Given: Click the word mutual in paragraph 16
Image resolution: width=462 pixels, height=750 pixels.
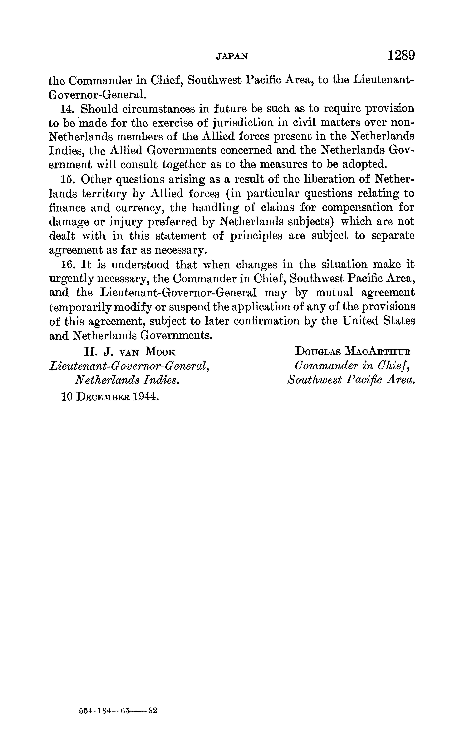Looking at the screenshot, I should (x=334, y=293).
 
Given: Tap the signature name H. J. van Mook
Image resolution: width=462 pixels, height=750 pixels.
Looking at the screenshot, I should (x=130, y=352).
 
